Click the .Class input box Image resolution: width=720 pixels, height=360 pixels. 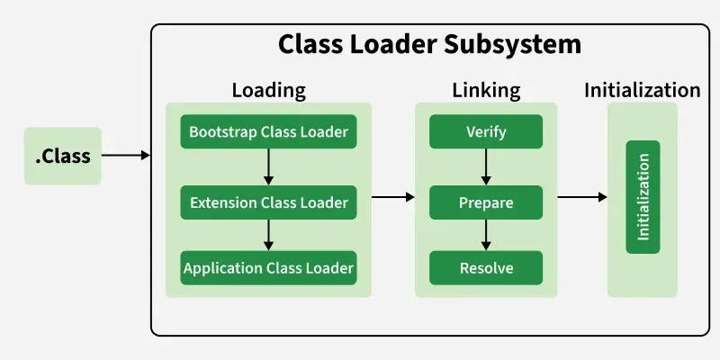tap(63, 156)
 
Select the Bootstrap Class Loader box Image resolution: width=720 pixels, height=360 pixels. tap(268, 132)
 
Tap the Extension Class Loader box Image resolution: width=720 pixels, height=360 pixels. tap(268, 202)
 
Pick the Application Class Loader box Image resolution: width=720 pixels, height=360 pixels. tap(268, 267)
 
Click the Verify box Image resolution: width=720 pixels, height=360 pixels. tap(486, 132)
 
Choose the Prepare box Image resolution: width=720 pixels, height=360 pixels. tap(486, 202)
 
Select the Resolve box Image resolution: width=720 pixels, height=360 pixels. tap(486, 267)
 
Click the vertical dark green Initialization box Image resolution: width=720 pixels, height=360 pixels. tap(643, 196)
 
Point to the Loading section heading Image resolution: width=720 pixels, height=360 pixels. tap(268, 90)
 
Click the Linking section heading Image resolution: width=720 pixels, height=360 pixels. tap(486, 90)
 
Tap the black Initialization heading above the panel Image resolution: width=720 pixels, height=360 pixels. tap(642, 90)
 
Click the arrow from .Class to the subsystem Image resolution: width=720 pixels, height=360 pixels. tap(126, 156)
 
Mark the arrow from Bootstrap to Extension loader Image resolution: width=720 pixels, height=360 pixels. tap(268, 166)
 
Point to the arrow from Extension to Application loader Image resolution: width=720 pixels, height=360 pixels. tap(268, 235)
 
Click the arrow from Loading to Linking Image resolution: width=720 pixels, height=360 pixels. tap(392, 196)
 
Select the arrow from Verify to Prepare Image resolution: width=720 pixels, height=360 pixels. tap(486, 166)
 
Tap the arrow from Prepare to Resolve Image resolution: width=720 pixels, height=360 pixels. tap(486, 235)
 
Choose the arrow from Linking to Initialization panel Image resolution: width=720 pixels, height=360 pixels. tap(582, 196)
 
